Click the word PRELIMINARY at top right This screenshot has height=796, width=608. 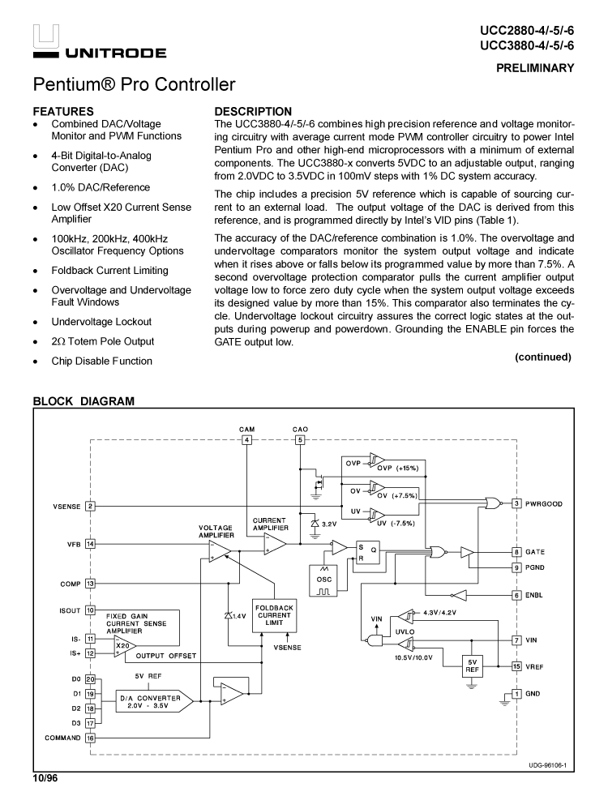point(535,68)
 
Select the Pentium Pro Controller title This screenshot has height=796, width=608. point(135,85)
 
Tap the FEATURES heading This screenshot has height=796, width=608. point(63,111)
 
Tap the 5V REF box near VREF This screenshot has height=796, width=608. point(472,665)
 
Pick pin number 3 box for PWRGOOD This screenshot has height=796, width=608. point(516,503)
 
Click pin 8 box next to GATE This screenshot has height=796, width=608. point(516,551)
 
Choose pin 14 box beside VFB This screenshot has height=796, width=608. point(90,544)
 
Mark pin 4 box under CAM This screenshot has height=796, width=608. point(247,440)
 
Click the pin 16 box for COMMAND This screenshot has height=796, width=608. point(90,738)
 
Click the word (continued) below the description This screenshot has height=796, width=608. point(542,357)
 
